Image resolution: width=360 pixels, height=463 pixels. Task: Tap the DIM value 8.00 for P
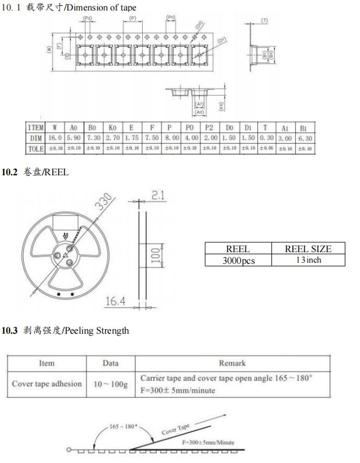pyautogui.click(x=170, y=138)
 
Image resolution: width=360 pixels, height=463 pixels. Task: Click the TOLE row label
pyautogui.click(x=36, y=149)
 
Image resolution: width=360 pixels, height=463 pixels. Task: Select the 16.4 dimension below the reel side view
pyautogui.click(x=115, y=301)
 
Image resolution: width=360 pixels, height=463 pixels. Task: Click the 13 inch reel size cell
pyautogui.click(x=308, y=260)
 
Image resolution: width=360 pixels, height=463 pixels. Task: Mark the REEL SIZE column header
pyautogui.click(x=308, y=249)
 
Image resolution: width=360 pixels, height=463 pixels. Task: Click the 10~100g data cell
pyautogui.click(x=110, y=384)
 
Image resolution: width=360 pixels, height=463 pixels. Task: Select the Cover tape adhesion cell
pyautogui.click(x=47, y=384)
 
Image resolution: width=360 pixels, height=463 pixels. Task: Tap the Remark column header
pyautogui.click(x=232, y=363)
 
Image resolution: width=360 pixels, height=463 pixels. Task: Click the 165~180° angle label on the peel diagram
pyautogui.click(x=123, y=426)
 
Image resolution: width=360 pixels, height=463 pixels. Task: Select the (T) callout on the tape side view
pyautogui.click(x=265, y=20)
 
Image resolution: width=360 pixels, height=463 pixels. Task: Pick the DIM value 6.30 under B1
pyautogui.click(x=305, y=138)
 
